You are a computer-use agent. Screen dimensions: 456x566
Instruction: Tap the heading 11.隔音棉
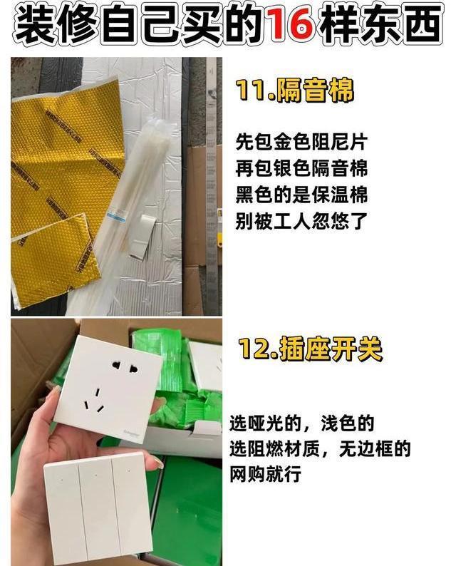pos(295,91)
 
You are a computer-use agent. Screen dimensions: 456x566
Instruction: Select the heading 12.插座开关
pos(310,349)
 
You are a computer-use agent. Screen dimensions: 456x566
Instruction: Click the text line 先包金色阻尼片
pos(301,142)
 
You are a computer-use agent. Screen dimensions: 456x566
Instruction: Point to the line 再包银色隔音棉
pos(301,168)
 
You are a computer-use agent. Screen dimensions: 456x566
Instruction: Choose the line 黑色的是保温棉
pos(301,195)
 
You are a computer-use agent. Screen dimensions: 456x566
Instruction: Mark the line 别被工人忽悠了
pos(301,221)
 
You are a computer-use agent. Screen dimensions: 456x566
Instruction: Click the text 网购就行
pos(266,474)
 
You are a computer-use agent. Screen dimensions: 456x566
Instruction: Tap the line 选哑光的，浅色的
pos(302,423)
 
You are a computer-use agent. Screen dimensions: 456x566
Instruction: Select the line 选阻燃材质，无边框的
pos(321,448)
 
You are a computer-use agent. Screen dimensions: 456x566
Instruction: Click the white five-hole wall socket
pos(109,388)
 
